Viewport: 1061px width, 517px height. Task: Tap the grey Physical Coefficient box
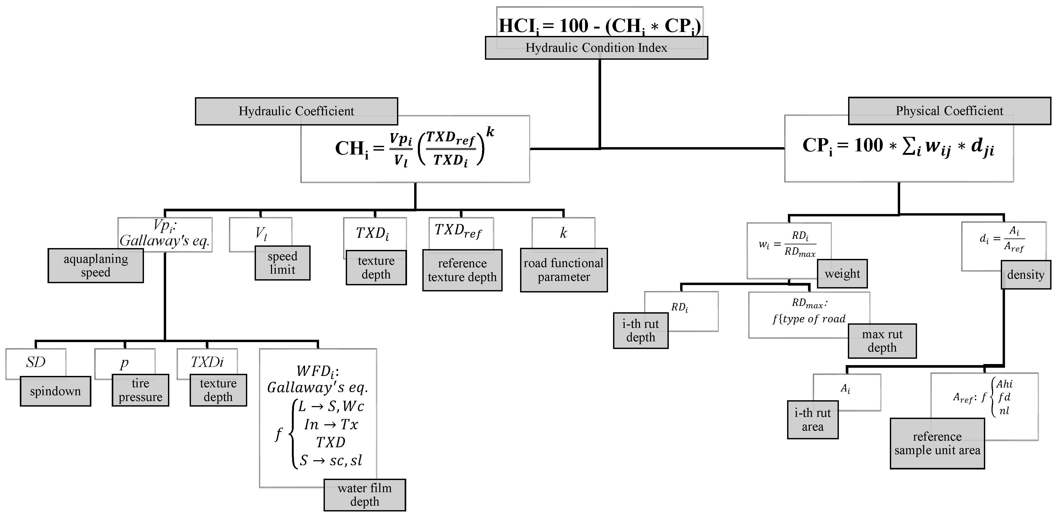pyautogui.click(x=949, y=111)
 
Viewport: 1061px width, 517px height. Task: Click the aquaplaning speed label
pyautogui.click(x=96, y=266)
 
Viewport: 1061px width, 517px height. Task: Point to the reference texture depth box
pyautogui.click(x=462, y=270)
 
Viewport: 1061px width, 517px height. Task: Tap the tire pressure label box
pyautogui.click(x=141, y=390)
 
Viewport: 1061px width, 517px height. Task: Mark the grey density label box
pyautogui.click(x=1026, y=275)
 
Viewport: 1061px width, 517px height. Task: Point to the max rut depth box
pyautogui.click(x=882, y=341)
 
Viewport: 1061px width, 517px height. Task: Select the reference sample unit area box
pyautogui.click(x=937, y=444)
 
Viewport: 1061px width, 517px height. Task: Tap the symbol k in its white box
pyautogui.click(x=563, y=233)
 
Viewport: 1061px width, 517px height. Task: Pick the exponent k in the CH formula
pyautogui.click(x=490, y=132)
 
